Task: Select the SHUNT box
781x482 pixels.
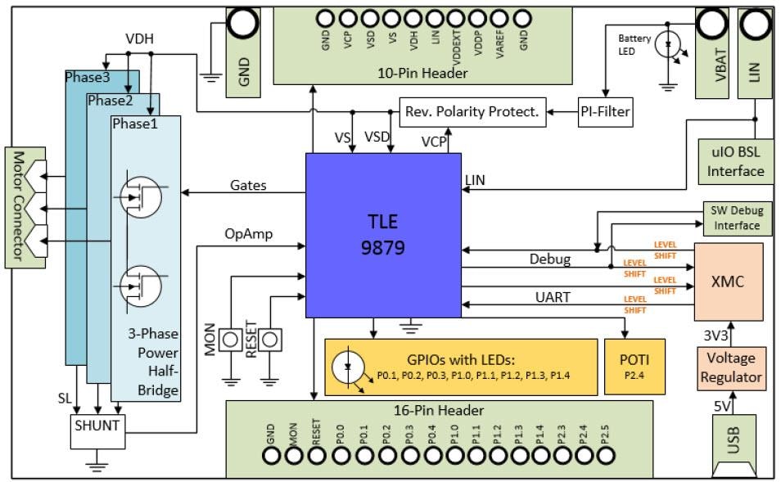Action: [97, 426]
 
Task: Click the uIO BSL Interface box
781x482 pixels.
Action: [735, 160]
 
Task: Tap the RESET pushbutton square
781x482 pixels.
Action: [270, 337]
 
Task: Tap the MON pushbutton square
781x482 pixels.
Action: [232, 337]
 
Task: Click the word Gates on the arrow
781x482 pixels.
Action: [247, 185]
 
